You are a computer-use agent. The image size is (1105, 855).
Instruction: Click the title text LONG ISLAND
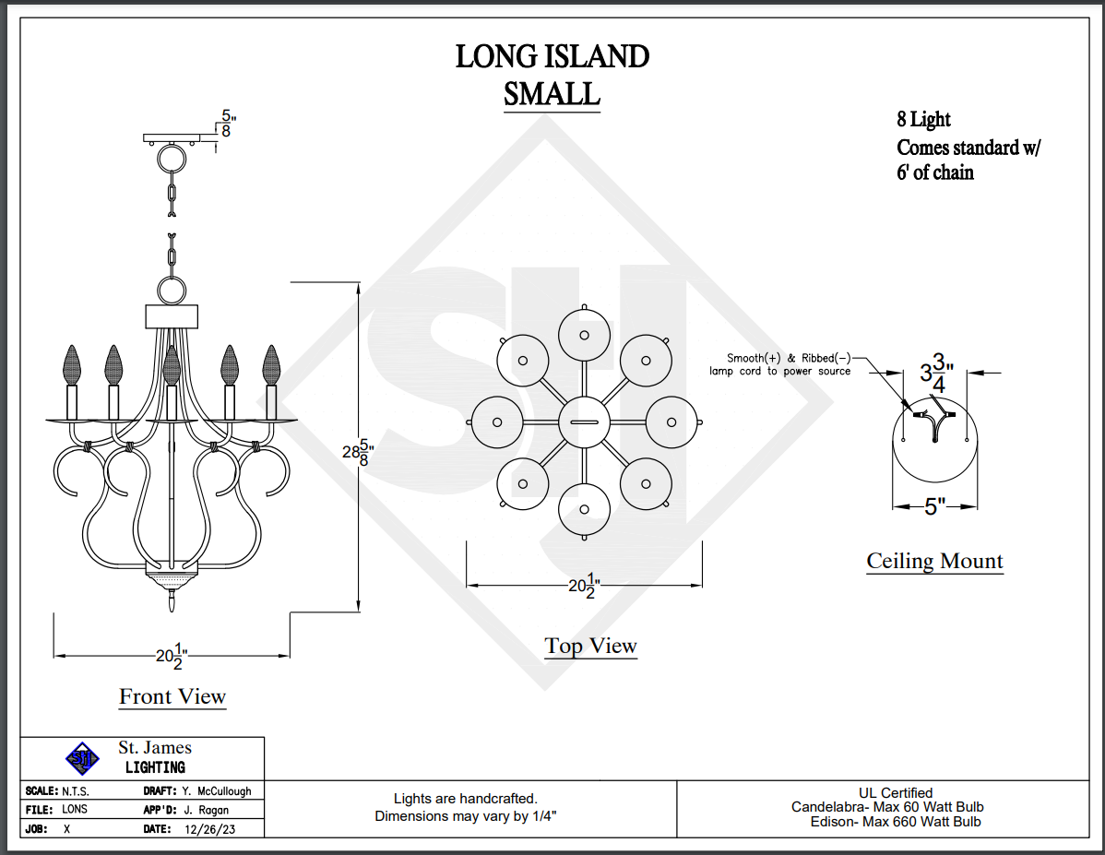[x=552, y=57]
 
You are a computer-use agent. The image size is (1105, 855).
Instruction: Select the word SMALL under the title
[x=552, y=93]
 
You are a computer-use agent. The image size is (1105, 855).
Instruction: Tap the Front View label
[x=172, y=696]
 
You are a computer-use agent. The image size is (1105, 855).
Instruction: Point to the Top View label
[x=590, y=646]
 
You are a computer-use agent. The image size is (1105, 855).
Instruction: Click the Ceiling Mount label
[x=934, y=561]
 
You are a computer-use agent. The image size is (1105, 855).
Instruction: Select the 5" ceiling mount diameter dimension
[x=935, y=506]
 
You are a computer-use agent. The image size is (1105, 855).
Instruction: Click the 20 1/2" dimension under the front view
[x=172, y=656]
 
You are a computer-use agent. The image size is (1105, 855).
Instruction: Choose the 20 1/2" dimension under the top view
[x=585, y=585]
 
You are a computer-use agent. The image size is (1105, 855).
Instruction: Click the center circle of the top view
[x=585, y=421]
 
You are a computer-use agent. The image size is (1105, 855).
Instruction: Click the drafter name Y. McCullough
[x=216, y=791]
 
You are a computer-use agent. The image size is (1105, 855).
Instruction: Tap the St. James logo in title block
[x=83, y=759]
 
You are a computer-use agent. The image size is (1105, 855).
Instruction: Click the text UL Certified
[x=895, y=792]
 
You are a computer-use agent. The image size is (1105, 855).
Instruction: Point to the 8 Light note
[x=923, y=120]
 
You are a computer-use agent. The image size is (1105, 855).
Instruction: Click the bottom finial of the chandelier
[x=172, y=601]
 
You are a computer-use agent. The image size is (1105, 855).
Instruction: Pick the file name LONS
[x=75, y=810]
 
